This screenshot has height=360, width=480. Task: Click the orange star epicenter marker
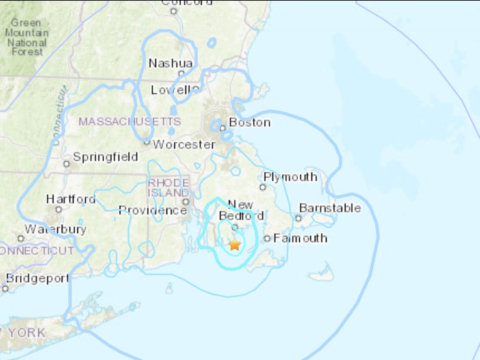pos(235,245)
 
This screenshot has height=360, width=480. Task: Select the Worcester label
pos(183,144)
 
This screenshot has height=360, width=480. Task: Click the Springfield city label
pos(105,157)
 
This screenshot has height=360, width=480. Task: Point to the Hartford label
pos(71,199)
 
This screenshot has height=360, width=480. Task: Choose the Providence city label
pos(153,210)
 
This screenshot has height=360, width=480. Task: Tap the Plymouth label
pos(290,177)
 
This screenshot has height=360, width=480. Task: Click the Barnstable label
pos(330,208)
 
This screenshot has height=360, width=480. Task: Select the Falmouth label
pos(300,238)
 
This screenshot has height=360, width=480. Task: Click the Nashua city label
pos(171,63)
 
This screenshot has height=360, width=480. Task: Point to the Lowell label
pos(171,90)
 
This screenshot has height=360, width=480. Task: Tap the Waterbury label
pos(55,229)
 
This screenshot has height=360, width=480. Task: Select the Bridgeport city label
pos(37,278)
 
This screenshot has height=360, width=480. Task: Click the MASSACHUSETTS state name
pos(129,122)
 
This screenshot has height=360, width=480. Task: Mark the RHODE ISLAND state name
pos(168,188)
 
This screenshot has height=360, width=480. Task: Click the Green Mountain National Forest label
pos(25,37)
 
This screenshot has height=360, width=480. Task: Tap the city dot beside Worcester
pos(148,143)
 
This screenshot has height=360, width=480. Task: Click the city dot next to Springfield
pos(66,163)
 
